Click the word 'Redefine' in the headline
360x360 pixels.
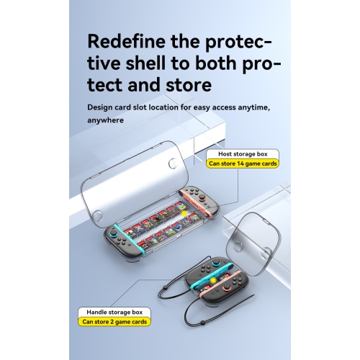(127, 41)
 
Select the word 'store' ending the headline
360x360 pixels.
(189, 85)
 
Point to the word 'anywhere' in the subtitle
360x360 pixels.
(106, 120)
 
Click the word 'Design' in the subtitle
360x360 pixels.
(99, 107)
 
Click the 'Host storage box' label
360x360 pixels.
(243, 154)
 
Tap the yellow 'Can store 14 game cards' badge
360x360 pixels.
(243, 163)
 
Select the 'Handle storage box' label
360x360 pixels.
(114, 312)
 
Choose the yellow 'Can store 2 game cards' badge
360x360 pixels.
(114, 322)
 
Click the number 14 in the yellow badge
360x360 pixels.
(240, 163)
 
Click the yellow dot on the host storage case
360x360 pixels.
(184, 214)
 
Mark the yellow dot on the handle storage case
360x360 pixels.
(213, 280)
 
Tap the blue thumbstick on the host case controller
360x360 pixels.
(112, 233)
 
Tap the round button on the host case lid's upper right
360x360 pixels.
(173, 163)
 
